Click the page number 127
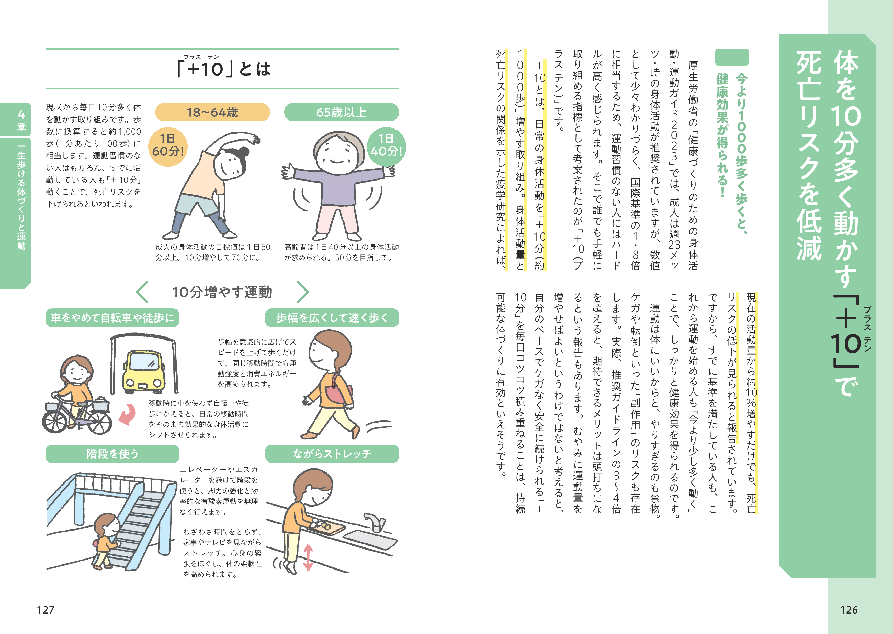pos(45,610)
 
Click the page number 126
pos(849,610)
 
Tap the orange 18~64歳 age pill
pos(212,112)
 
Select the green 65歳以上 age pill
pos(341,112)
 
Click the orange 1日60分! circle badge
pos(168,147)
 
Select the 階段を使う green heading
pos(112,454)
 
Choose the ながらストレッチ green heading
pos(332,454)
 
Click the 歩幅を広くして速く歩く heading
pos(332,318)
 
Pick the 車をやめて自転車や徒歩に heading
pos(112,318)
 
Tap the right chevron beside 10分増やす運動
pos(302,292)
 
